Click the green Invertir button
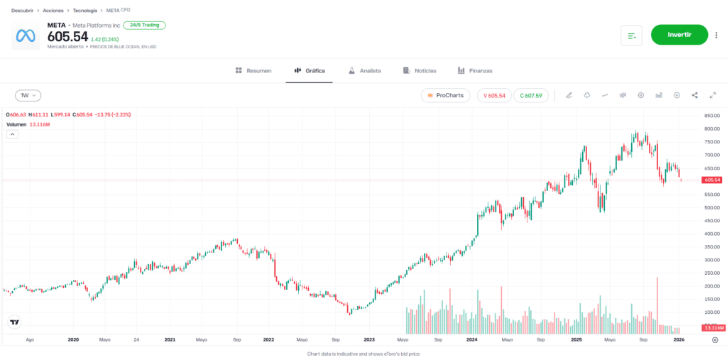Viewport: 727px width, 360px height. click(x=679, y=35)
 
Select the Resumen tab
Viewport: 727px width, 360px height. click(x=253, y=71)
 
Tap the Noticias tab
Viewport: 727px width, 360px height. click(x=420, y=71)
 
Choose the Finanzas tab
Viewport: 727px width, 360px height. click(x=475, y=71)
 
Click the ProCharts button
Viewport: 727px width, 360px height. click(x=445, y=95)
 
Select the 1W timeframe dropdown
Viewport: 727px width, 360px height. click(x=28, y=95)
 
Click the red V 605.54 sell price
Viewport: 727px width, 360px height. click(x=494, y=95)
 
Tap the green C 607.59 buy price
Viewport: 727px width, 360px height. click(x=530, y=95)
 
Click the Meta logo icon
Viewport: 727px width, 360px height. click(x=26, y=36)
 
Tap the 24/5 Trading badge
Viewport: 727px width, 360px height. click(x=144, y=25)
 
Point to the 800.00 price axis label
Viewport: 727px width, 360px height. click(x=711, y=129)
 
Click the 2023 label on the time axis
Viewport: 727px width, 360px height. click(x=369, y=340)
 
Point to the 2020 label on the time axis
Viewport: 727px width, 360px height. click(x=73, y=340)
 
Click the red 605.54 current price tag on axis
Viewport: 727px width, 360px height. click(x=712, y=180)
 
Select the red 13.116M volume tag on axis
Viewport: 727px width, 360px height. click(x=712, y=328)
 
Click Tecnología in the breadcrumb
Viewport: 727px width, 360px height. click(x=85, y=11)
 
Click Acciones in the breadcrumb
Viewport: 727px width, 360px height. click(x=53, y=11)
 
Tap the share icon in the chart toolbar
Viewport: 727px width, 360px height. click(x=694, y=95)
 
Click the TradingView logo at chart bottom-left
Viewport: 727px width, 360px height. click(x=15, y=323)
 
